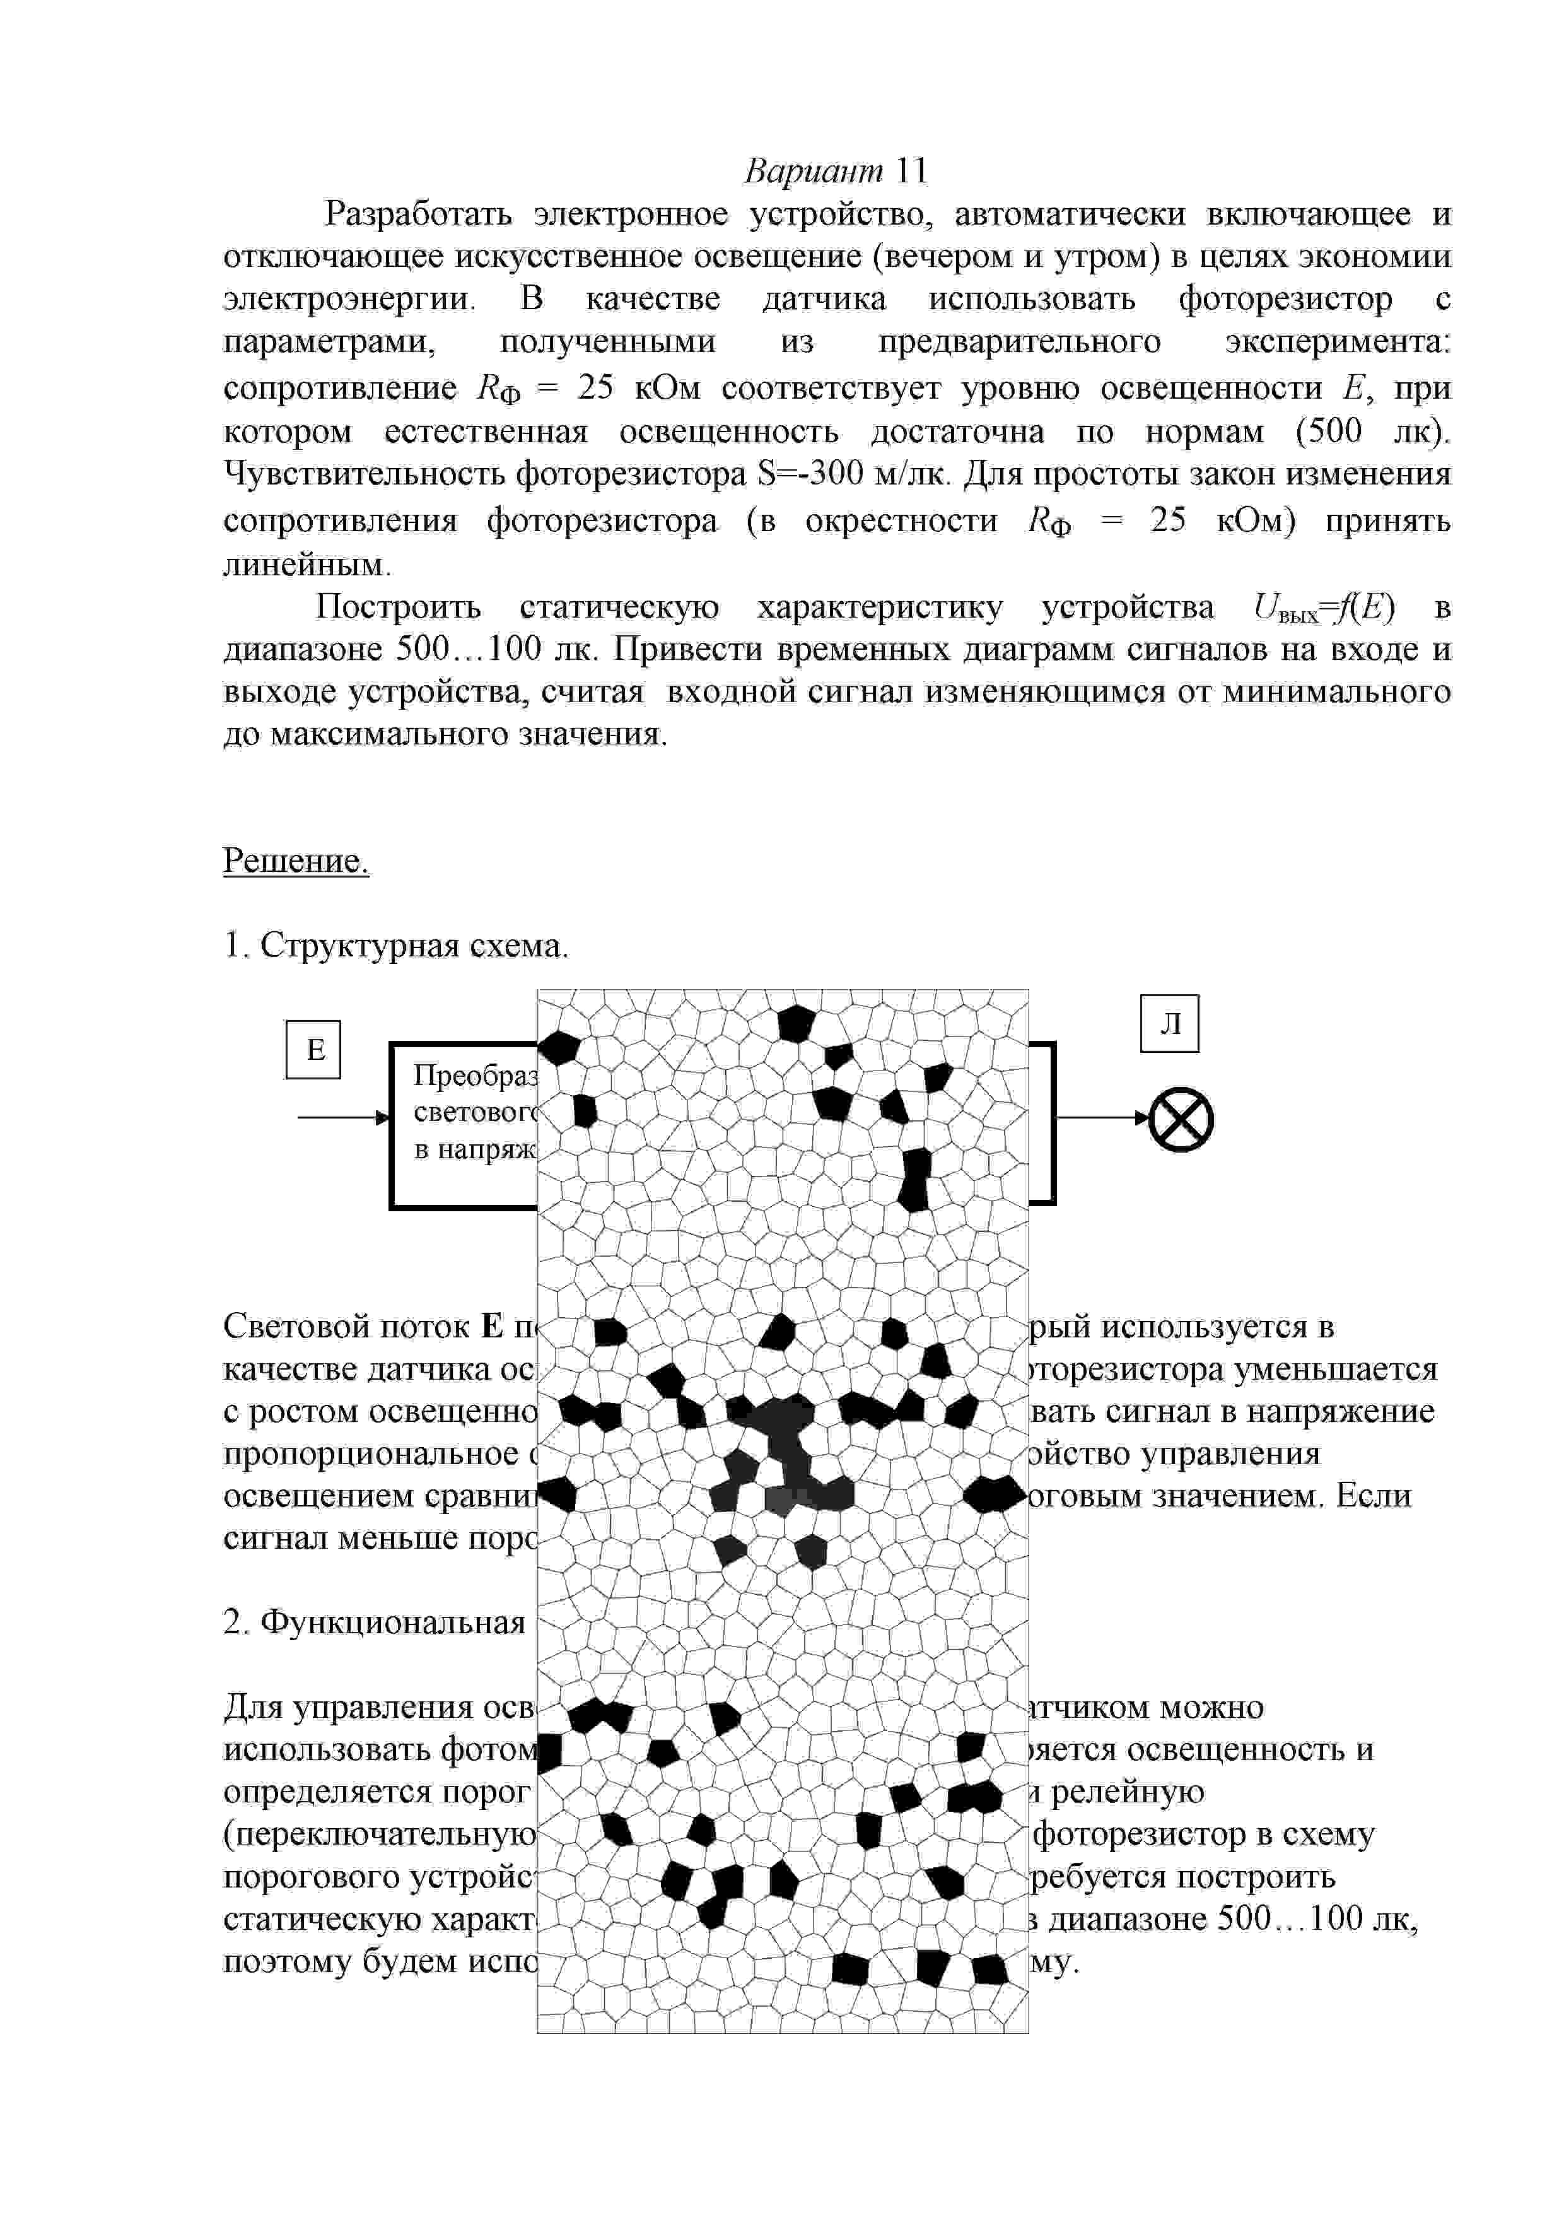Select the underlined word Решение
[x=296, y=860]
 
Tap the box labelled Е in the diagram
[x=314, y=1050]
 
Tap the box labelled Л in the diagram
[x=1170, y=1024]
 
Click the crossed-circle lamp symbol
[x=1181, y=1119]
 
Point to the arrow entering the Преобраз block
[x=342, y=1117]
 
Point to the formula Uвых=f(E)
[x=1325, y=608]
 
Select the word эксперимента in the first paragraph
[x=1338, y=342]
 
